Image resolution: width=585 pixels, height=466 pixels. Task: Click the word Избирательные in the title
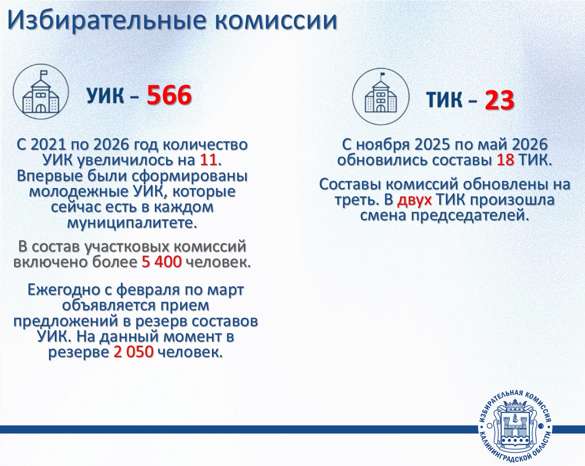tap(107, 20)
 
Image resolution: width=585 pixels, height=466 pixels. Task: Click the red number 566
tap(169, 95)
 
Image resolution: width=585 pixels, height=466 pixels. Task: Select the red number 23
tap(500, 100)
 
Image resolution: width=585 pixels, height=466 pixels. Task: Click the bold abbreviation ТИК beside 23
tap(444, 100)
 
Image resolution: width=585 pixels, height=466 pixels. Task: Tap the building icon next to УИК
tap(41, 92)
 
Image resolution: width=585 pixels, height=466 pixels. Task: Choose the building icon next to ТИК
tap(381, 97)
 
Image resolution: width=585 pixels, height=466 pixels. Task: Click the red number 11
tap(208, 160)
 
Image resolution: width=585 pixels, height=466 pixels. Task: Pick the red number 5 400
tap(161, 262)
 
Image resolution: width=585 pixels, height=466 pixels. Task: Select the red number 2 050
tap(133, 352)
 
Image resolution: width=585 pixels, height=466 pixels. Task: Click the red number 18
tap(506, 160)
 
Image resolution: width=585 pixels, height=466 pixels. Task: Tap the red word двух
tap(414, 201)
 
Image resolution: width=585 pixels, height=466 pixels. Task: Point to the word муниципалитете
tap(132, 223)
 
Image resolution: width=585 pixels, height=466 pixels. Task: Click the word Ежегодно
tap(64, 290)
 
